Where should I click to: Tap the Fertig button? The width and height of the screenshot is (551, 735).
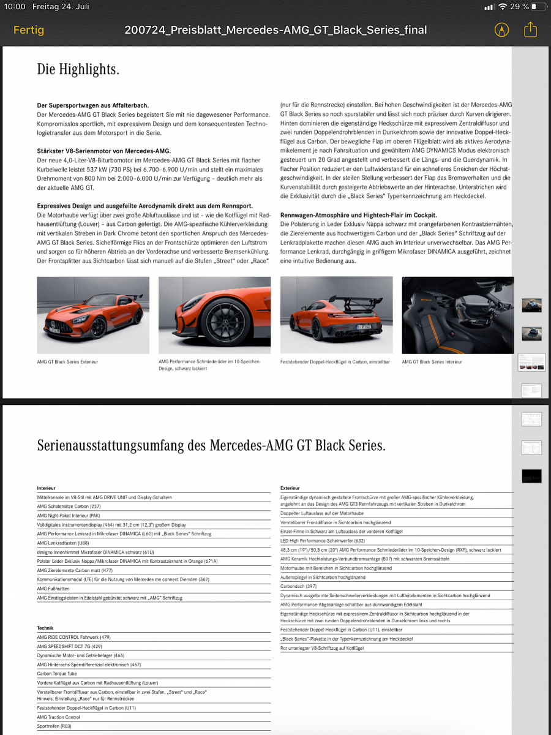point(29,29)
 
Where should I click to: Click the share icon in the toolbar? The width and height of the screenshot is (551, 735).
point(530,29)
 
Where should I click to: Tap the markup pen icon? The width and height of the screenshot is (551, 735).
point(501,29)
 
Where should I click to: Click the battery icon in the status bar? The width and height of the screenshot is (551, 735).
point(538,7)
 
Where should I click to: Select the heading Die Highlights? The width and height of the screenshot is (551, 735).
point(78,69)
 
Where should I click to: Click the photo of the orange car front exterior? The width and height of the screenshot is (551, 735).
point(93,315)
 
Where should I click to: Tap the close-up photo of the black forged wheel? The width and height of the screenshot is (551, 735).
point(214,315)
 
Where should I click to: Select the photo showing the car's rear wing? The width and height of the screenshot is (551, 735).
point(336,315)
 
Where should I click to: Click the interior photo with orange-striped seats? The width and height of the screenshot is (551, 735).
point(457,315)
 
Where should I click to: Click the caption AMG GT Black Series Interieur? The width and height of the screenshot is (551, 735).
point(432,362)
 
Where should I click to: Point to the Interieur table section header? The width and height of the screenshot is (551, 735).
point(47,488)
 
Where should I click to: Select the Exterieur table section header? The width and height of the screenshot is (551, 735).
point(290,488)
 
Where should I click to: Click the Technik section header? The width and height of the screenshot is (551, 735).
point(45,628)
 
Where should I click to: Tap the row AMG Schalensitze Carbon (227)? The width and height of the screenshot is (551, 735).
point(69,507)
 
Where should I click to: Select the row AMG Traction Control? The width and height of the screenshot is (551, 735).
point(59,717)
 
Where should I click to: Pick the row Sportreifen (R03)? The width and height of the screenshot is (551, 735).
point(54,726)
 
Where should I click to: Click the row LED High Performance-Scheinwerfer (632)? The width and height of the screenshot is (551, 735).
point(322,541)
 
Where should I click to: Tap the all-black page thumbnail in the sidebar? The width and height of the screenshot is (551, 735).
point(531,476)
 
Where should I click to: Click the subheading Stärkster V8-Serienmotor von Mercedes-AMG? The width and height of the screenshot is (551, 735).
point(103,151)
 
